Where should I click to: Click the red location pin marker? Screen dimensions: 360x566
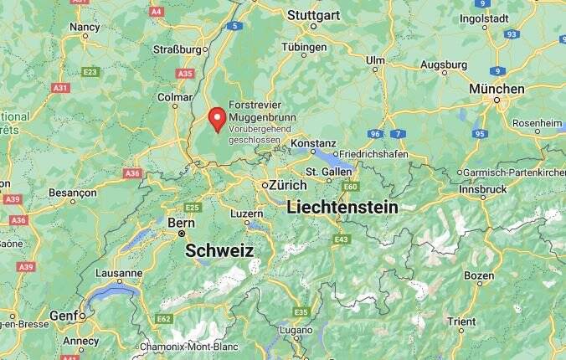pyautogui.click(x=218, y=119)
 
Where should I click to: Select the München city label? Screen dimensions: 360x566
pyautogui.click(x=497, y=89)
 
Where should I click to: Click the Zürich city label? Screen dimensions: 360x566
pyautogui.click(x=286, y=185)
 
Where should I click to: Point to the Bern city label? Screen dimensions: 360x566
pyautogui.click(x=181, y=223)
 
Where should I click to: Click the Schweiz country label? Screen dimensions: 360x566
pyautogui.click(x=219, y=250)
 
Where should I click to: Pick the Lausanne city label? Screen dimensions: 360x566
pyautogui.click(x=118, y=273)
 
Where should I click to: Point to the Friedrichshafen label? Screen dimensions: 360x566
pyautogui.click(x=373, y=154)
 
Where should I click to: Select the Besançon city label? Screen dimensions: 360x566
pyautogui.click(x=73, y=193)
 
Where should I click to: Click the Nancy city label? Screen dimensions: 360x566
pyautogui.click(x=84, y=27)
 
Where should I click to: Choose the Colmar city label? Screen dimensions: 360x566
pyautogui.click(x=175, y=97)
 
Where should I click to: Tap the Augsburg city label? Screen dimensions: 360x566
pyautogui.click(x=443, y=64)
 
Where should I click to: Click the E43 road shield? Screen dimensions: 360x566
pyautogui.click(x=341, y=239)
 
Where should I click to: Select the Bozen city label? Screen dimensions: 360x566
pyautogui.click(x=479, y=275)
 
